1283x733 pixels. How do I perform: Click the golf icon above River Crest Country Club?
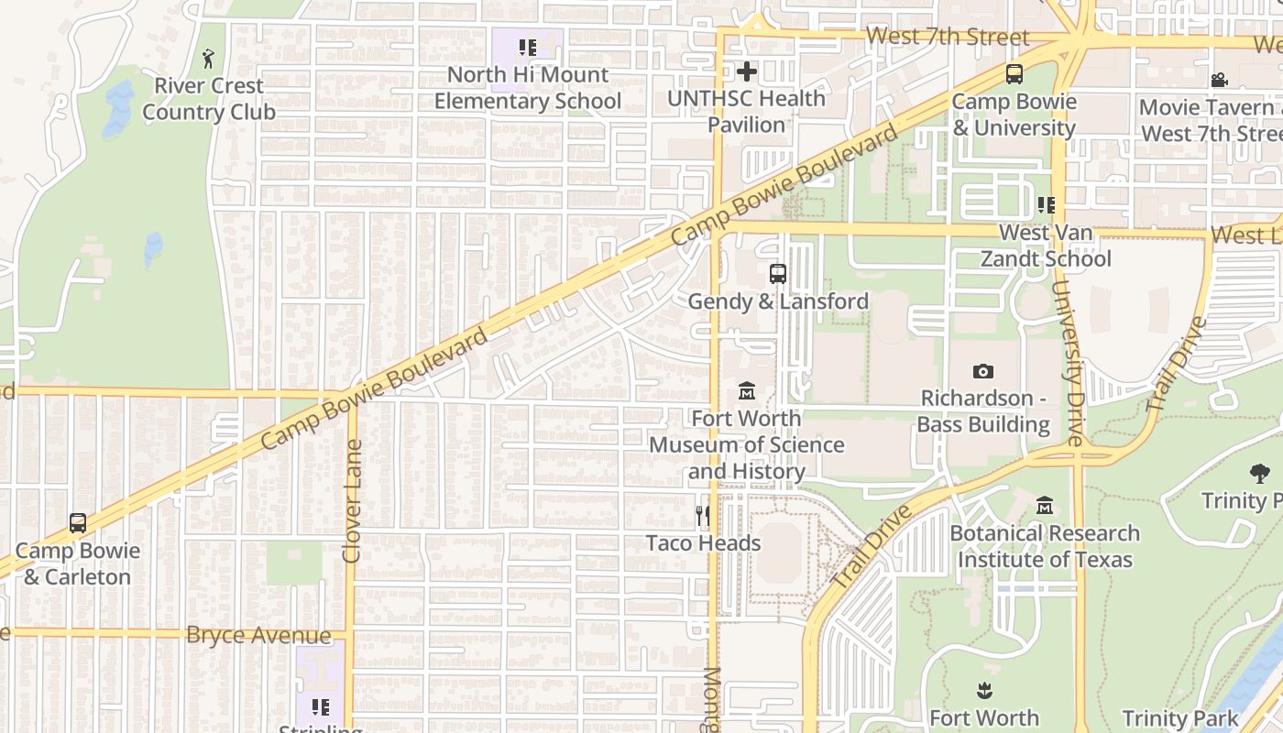tap(209, 59)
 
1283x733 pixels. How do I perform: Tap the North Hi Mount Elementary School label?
tap(527, 88)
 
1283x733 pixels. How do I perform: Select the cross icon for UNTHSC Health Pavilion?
tap(747, 71)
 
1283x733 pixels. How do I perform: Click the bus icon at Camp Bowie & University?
tap(1014, 74)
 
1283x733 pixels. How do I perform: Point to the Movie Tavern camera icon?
tap(1219, 81)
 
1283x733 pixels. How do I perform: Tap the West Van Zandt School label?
tap(1046, 246)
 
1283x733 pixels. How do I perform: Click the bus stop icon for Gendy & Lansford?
tap(777, 273)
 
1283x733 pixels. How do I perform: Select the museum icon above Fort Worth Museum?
tap(747, 391)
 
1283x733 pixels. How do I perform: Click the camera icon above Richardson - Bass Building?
tap(983, 371)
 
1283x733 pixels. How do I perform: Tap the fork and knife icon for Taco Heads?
tap(703, 516)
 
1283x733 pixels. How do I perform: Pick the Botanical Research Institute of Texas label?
tap(1045, 546)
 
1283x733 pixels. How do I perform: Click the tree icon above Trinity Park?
tap(1260, 474)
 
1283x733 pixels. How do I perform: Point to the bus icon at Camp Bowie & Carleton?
tap(78, 523)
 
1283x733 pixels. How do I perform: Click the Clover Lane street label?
tap(352, 500)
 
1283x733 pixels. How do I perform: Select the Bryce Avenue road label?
tap(258, 635)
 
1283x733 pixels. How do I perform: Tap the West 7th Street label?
tap(947, 37)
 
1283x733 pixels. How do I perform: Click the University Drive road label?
tap(1068, 362)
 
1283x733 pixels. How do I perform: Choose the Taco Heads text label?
tap(703, 543)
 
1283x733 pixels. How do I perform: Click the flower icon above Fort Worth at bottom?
tap(984, 690)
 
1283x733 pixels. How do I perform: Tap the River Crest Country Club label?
tap(209, 99)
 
